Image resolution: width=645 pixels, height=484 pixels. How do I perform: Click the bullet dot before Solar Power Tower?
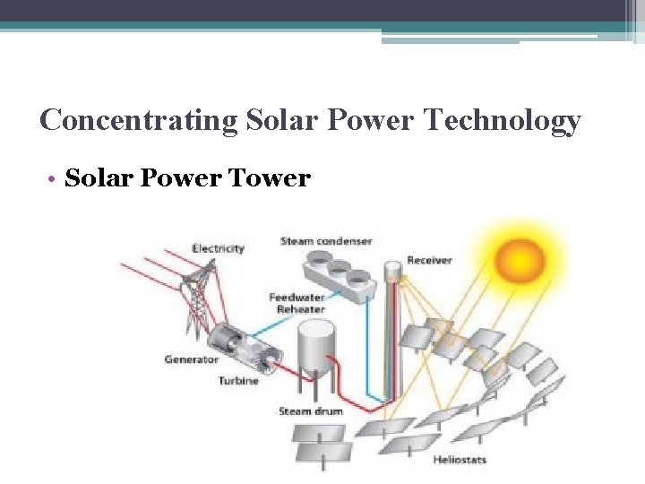coord(56,180)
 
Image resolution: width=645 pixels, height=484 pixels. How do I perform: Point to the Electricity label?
coord(218,248)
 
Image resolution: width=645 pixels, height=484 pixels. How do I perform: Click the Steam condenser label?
coord(326,241)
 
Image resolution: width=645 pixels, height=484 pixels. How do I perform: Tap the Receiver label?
coord(429,260)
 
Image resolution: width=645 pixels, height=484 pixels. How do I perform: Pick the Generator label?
coord(191,359)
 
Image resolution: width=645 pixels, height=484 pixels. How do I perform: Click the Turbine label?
coord(238,381)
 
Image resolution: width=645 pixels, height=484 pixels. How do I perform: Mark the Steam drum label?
coord(311,411)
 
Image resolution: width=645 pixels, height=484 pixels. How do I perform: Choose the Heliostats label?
coord(460,460)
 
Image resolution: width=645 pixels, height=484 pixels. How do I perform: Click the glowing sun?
coord(520,260)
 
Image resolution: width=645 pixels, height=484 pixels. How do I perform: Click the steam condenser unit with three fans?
coord(339,270)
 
